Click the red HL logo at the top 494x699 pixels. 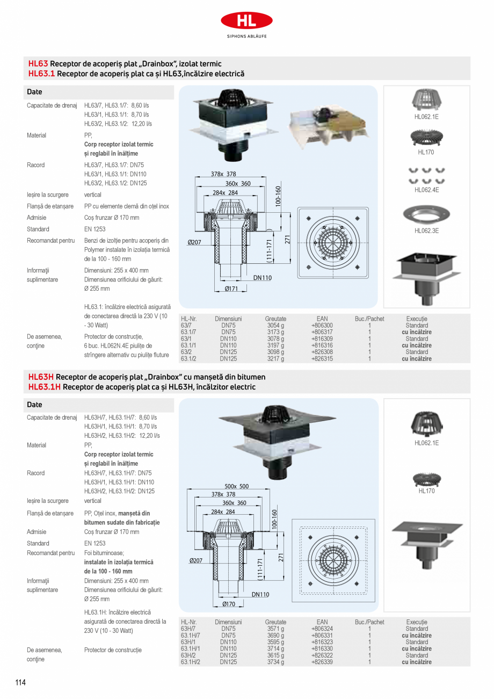click(x=246, y=21)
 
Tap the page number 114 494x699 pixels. click(x=20, y=682)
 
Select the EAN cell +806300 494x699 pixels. click(x=322, y=326)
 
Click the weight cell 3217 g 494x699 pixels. click(x=275, y=359)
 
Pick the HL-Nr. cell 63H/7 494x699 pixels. click(x=188, y=629)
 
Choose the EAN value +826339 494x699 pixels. click(x=322, y=662)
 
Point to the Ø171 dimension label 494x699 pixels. click(x=232, y=289)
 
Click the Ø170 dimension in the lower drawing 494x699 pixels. click(x=229, y=604)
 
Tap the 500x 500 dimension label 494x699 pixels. click(x=236, y=486)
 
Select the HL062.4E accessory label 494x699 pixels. click(x=426, y=190)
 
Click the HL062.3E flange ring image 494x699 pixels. click(x=426, y=214)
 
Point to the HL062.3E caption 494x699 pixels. click(x=426, y=230)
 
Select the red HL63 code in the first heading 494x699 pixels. click(x=38, y=63)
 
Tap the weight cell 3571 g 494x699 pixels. click(x=275, y=629)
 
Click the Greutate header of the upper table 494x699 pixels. click(x=275, y=319)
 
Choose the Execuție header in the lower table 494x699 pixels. click(x=417, y=622)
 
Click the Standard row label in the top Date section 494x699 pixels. click(x=38, y=229)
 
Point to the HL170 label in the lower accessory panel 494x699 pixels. click(x=426, y=491)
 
